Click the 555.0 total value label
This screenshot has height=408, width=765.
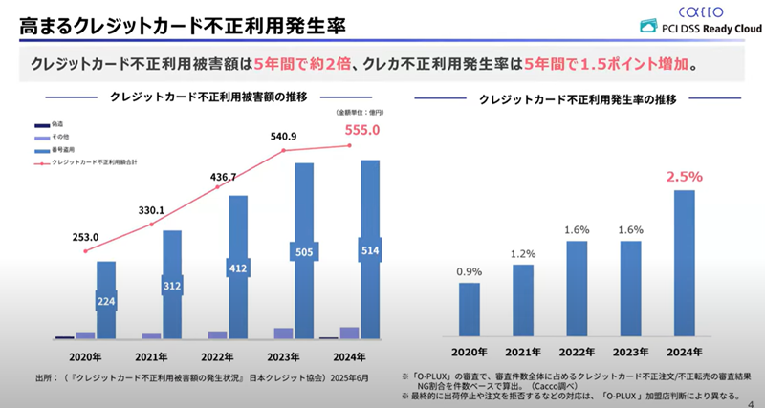tap(364, 130)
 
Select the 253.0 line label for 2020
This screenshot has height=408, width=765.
tap(86, 236)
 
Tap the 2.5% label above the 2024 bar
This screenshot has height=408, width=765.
tap(685, 176)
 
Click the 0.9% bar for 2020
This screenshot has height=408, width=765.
tap(470, 309)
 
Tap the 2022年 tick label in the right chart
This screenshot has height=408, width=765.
tap(577, 350)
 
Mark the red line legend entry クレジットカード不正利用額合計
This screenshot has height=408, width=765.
tap(91, 164)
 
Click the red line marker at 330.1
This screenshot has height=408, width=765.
tap(152, 225)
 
